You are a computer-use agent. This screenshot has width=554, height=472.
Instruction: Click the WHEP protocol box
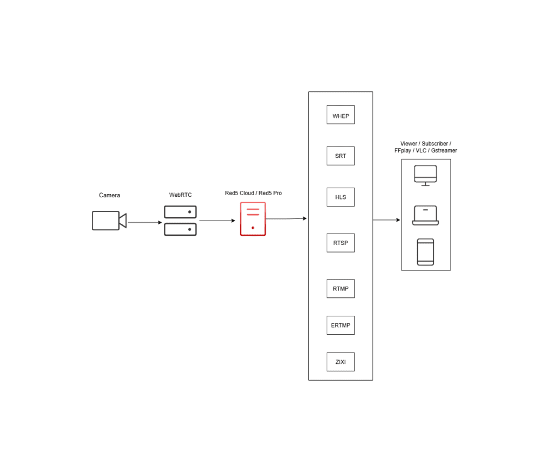coord(340,115)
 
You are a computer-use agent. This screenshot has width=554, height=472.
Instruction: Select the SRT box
coord(340,156)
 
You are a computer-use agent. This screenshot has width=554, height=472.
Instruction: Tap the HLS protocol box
coord(340,197)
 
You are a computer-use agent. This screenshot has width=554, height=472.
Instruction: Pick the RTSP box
coord(340,243)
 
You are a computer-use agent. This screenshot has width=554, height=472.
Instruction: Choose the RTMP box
coord(340,288)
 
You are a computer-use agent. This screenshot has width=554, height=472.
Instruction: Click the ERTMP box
coord(340,325)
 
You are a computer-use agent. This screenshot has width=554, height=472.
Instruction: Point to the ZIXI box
coord(340,362)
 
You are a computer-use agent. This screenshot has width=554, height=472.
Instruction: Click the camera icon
coord(109,221)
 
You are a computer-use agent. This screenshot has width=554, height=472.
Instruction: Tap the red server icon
coord(253,219)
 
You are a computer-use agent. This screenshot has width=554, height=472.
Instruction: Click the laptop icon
coord(425,215)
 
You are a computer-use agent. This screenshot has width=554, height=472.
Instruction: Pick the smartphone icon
coord(425,252)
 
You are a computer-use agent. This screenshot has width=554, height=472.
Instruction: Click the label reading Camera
coord(109,195)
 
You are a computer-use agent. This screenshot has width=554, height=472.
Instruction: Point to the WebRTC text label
coord(180,195)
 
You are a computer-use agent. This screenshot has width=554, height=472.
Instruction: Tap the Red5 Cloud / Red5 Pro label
coord(253,193)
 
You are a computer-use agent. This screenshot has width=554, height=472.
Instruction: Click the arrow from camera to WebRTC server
coord(144,222)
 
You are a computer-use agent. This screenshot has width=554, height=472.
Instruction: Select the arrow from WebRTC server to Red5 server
coord(217,221)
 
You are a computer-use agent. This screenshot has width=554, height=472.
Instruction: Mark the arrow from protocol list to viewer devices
coord(386,220)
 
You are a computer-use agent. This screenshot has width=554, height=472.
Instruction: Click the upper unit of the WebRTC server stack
coord(180,212)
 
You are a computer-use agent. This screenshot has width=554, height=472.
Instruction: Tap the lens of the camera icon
coord(123,221)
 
